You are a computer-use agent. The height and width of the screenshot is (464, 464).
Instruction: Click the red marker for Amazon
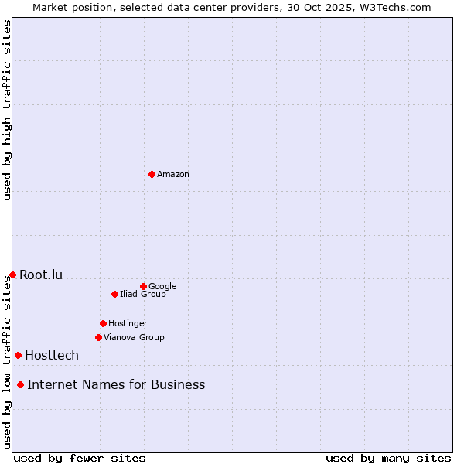tap(152, 174)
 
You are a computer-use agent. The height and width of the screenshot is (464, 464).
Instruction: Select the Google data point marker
tap(143, 286)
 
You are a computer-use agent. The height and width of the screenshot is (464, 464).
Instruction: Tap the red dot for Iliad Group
tap(114, 294)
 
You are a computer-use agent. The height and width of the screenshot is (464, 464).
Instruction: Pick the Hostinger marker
tap(103, 323)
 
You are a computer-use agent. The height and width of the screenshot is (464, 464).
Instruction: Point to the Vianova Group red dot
tap(98, 337)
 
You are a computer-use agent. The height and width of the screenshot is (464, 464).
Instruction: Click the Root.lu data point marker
tap(12, 275)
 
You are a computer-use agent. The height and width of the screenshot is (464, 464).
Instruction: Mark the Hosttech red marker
tap(18, 355)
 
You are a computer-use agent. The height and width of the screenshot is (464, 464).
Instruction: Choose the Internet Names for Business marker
tap(20, 384)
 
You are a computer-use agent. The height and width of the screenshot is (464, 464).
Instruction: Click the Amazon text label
tap(173, 175)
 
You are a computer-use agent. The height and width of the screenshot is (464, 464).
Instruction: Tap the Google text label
tap(162, 287)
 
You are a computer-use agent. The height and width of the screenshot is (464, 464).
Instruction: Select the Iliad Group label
tap(143, 295)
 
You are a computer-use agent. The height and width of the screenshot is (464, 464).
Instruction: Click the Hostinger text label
tap(128, 324)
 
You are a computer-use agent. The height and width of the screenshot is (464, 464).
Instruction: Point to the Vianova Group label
tap(134, 338)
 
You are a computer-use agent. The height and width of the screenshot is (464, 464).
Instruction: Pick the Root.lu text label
tap(41, 275)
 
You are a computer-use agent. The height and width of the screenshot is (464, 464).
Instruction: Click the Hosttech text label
tap(52, 356)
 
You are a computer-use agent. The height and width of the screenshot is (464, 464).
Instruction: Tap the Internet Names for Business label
tap(116, 385)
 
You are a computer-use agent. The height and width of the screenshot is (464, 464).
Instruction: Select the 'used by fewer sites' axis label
tap(80, 458)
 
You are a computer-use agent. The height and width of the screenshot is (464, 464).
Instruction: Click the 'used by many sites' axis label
tap(388, 458)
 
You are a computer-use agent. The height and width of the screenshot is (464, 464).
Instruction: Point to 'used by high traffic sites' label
tap(7, 110)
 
